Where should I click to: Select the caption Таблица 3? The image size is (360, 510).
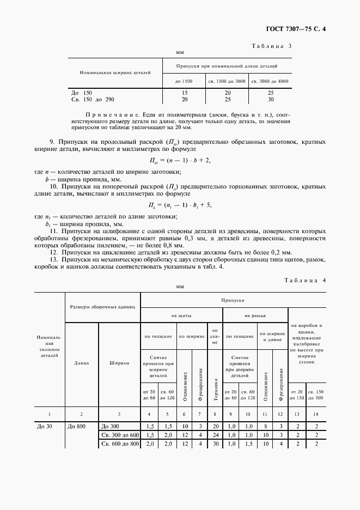point(271,46)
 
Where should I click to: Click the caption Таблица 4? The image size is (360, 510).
point(304,280)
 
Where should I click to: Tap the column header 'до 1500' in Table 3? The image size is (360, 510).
point(184,81)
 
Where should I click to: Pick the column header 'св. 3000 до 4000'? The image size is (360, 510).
point(270,81)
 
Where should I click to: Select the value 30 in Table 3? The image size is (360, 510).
point(270,100)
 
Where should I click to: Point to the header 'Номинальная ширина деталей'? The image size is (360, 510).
point(115,72)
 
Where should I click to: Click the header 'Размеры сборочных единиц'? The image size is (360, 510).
point(103,307)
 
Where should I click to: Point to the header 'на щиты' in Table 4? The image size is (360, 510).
point(181,315)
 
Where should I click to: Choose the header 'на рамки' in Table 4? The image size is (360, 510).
point(254,315)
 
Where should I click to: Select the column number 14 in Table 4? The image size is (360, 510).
point(315,414)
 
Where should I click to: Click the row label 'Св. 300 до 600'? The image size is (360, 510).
point(119,435)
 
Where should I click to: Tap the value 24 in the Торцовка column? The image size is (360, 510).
point(215,435)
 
